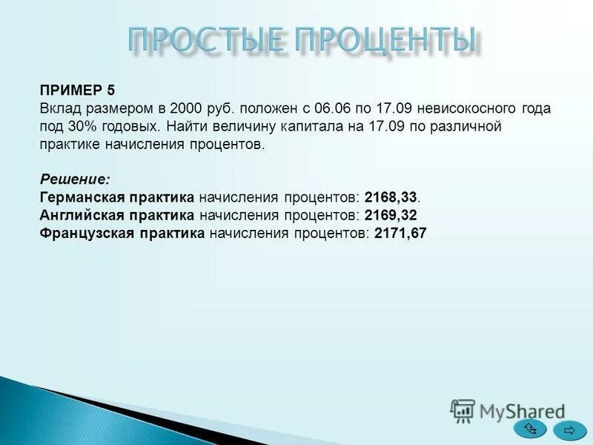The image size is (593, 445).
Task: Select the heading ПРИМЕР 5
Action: (x=77, y=90)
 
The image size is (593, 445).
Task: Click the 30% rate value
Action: (x=78, y=126)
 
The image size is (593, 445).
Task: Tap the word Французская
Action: (x=82, y=233)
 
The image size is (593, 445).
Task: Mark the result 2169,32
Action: (x=391, y=215)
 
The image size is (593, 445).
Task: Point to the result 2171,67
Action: (x=401, y=233)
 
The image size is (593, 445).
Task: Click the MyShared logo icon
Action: (x=463, y=410)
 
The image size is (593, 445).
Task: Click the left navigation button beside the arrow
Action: (x=531, y=429)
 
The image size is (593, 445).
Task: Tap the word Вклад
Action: (x=59, y=108)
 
